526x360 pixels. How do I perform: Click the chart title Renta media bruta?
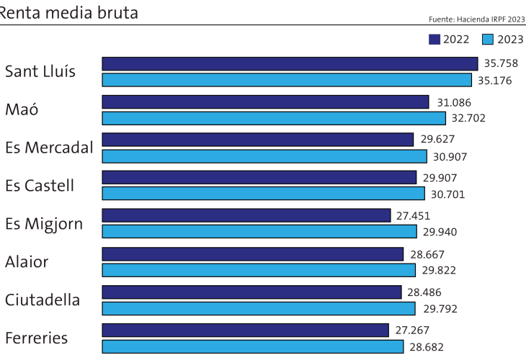tap(68, 12)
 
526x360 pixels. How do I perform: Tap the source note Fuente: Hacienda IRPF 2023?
tap(476, 19)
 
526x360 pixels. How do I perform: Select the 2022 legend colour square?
tap(434, 39)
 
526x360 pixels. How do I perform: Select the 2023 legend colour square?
tap(487, 39)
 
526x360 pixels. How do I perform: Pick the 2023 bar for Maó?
tap(274, 118)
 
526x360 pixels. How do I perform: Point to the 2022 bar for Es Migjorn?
tap(246, 215)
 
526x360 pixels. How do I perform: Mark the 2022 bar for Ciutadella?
tap(251, 292)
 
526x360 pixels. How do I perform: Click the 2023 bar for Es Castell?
tap(263, 194)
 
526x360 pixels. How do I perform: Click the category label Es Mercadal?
tap(49, 148)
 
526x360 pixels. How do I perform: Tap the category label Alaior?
tap(27, 261)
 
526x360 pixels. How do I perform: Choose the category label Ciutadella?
tap(43, 300)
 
